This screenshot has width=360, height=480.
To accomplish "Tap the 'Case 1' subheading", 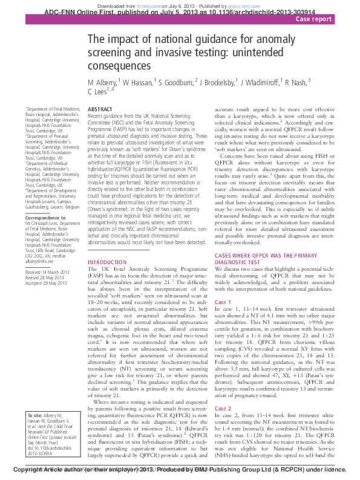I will [x=223, y=302].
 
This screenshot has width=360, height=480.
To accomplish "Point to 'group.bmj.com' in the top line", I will [x=243, y=4].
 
